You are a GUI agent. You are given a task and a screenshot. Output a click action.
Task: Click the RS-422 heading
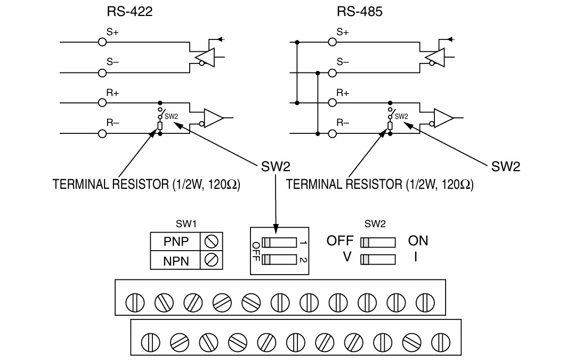pyautogui.click(x=130, y=12)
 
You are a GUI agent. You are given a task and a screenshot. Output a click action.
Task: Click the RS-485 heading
pyautogui.click(x=360, y=12)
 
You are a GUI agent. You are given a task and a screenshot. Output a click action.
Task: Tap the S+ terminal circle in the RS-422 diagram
pyautogui.click(x=102, y=42)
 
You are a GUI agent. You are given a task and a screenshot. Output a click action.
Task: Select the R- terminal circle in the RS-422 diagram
pyautogui.click(x=102, y=134)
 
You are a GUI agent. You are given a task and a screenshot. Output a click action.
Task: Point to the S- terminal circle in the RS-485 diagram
pyautogui.click(x=332, y=73)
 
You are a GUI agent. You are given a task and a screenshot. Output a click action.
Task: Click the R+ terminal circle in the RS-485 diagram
pyautogui.click(x=332, y=103)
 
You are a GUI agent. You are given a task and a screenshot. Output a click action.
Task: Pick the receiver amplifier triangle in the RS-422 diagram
pyautogui.click(x=214, y=118)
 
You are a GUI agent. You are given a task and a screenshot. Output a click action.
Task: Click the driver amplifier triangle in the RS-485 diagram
pyautogui.click(x=435, y=57)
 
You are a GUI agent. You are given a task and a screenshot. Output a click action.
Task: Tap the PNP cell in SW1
pyautogui.click(x=175, y=241)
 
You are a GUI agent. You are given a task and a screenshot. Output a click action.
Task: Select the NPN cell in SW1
pyautogui.click(x=175, y=260)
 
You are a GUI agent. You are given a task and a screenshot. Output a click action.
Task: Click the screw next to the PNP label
pyautogui.click(x=211, y=241)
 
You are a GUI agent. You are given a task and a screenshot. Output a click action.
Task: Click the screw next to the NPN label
pyautogui.click(x=211, y=260)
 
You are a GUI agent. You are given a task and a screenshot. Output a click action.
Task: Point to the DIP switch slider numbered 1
pyautogui.click(x=279, y=243)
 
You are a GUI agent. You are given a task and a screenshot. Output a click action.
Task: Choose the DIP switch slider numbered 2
pyautogui.click(x=279, y=260)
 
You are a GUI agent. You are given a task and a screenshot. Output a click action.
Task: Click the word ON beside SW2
pyautogui.click(x=418, y=241)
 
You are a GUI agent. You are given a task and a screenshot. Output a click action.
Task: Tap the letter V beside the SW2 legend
pyautogui.click(x=347, y=257)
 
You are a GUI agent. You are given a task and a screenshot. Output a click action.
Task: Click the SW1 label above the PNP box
pyautogui.click(x=186, y=224)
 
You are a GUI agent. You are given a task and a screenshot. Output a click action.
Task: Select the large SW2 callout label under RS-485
pyautogui.click(x=506, y=166)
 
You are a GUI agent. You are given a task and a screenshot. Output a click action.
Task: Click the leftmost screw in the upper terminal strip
pyautogui.click(x=135, y=302)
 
